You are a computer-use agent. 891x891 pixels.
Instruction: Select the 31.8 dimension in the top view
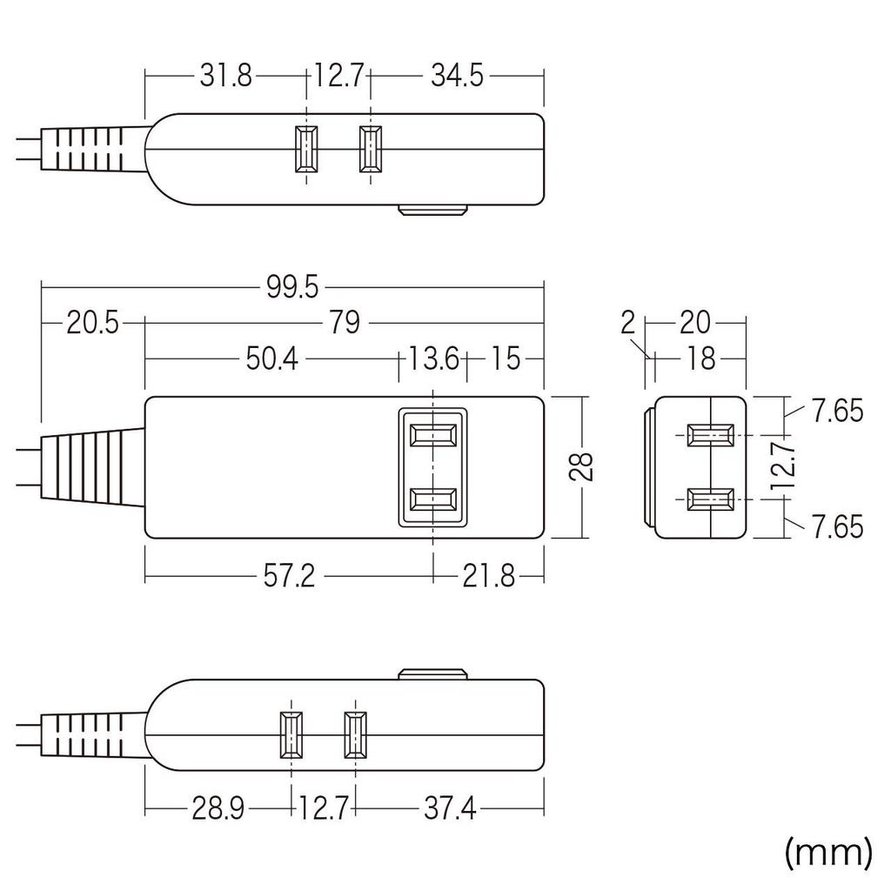click(225, 76)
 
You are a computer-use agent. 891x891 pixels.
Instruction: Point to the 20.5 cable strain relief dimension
click(91, 324)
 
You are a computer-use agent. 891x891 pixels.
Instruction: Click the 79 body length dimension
click(345, 324)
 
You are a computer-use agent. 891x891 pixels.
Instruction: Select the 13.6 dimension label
click(432, 358)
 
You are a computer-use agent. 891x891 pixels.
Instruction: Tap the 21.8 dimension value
click(490, 576)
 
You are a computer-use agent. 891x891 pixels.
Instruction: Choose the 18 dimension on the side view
click(700, 358)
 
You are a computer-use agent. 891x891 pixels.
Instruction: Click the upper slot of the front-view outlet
click(433, 434)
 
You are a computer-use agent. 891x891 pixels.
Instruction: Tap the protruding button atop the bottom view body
click(433, 674)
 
